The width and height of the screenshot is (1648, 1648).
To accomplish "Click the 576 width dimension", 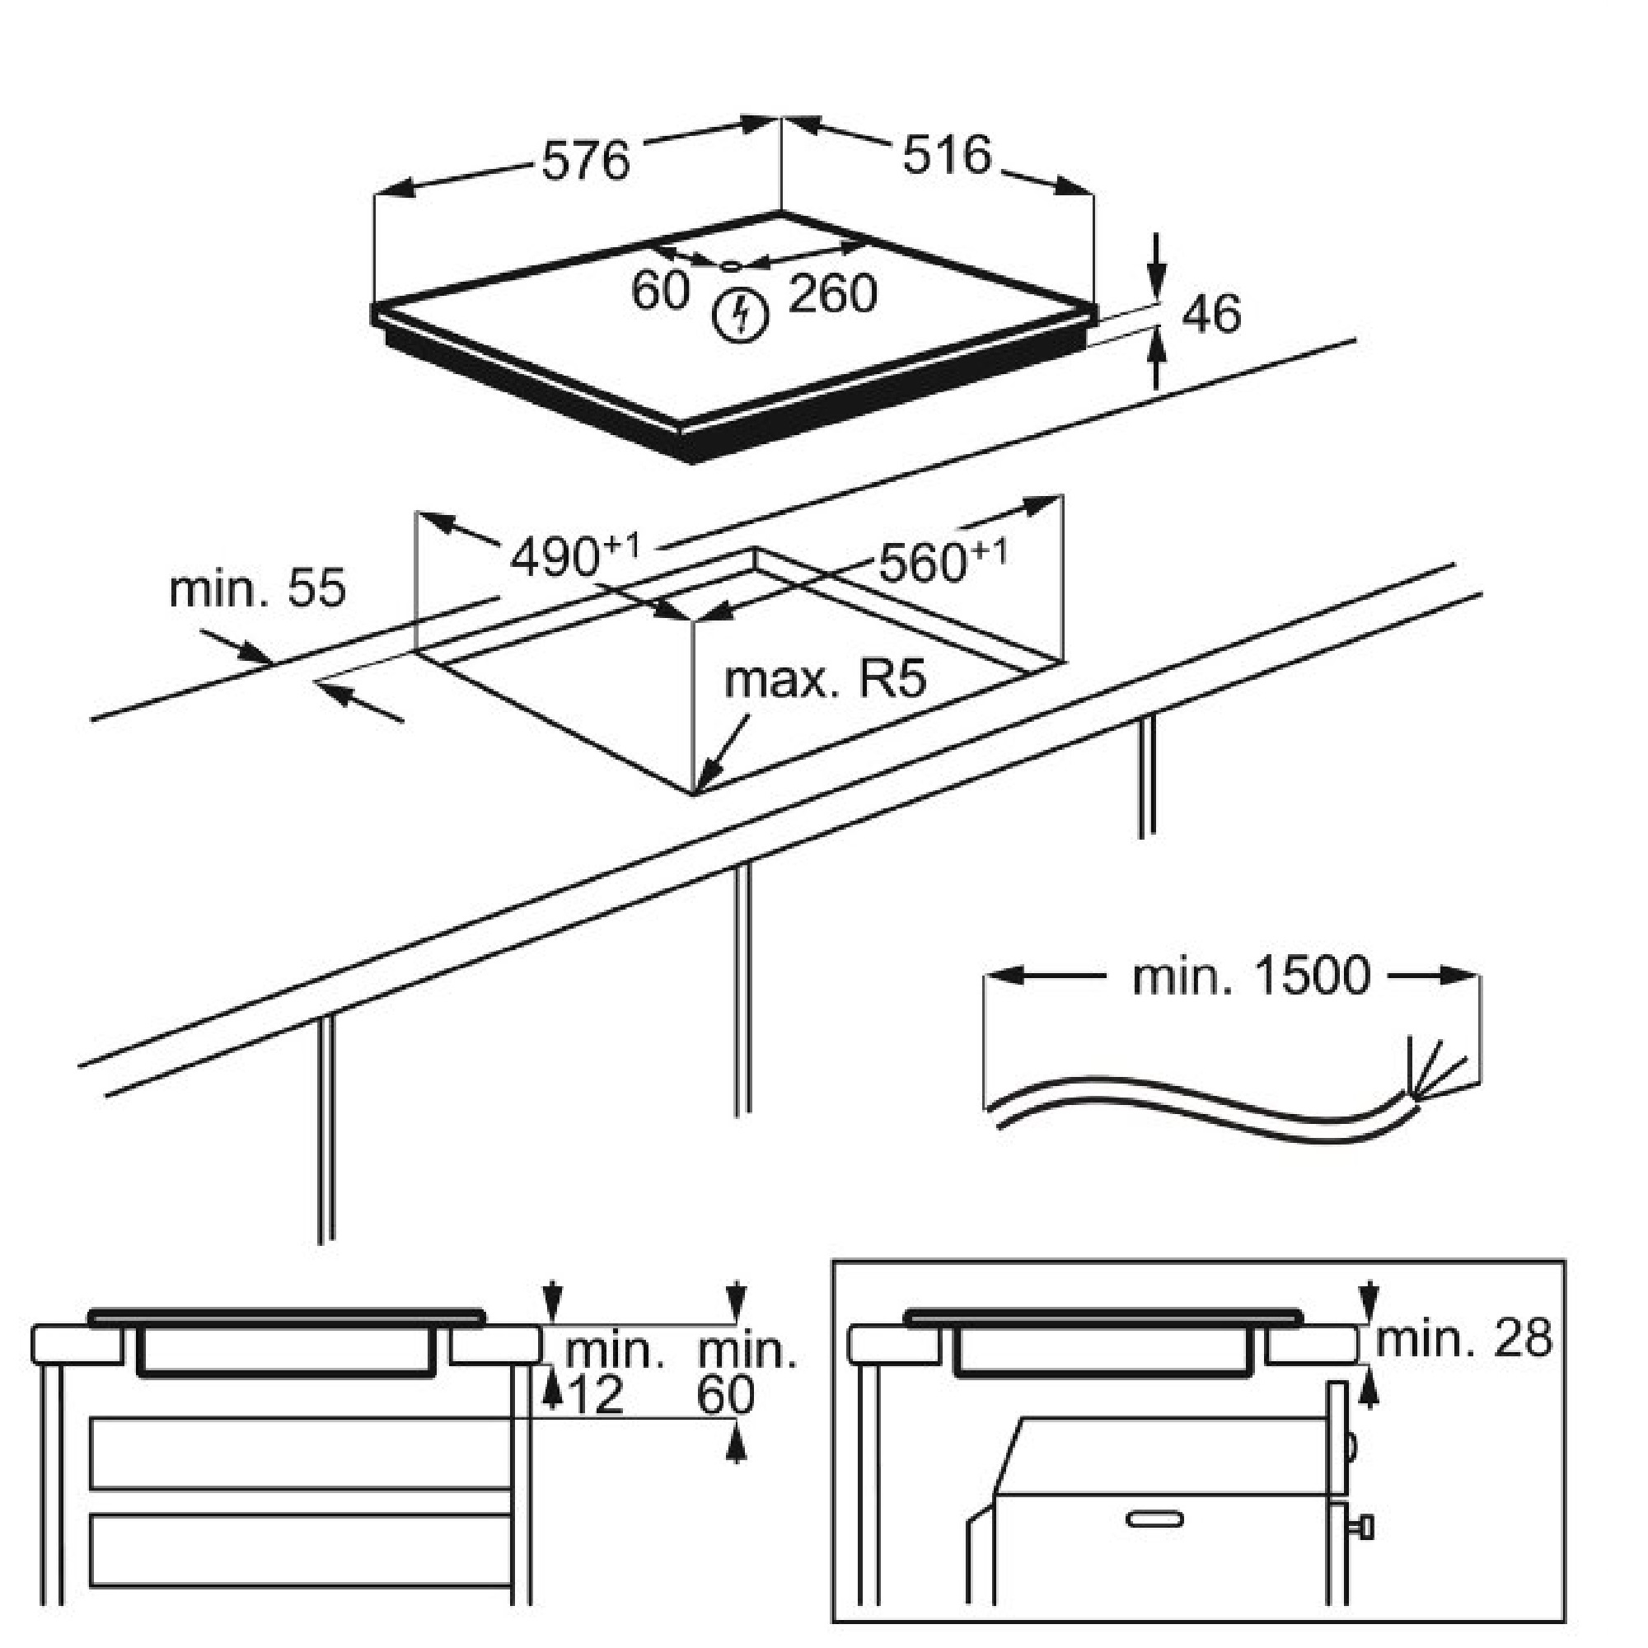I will tap(586, 160).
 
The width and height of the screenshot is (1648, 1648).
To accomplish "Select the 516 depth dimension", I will tap(947, 156).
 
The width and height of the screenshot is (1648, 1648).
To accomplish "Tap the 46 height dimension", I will tap(1211, 314).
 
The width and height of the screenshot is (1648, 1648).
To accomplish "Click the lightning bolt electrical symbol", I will tap(741, 314).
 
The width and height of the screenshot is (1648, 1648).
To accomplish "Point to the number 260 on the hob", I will tap(831, 294).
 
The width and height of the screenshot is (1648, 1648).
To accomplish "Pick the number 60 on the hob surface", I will tap(659, 290).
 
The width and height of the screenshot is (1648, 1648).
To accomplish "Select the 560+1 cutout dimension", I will tap(942, 561).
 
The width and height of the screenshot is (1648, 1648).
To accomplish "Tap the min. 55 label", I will tap(258, 588).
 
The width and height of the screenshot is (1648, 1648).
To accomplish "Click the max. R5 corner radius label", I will tap(825, 680).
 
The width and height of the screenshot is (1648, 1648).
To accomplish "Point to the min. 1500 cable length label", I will tap(1251, 977).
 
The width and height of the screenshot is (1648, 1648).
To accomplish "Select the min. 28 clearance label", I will tap(1463, 1340).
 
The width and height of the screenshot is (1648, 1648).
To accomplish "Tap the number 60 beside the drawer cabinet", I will tap(725, 1397).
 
